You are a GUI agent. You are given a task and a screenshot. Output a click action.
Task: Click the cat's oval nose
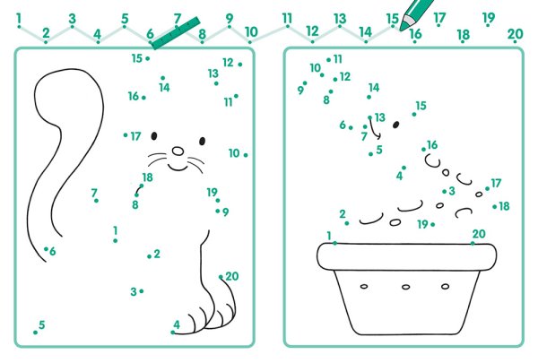click(x=178, y=151)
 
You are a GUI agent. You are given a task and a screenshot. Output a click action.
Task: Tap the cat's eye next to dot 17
click(x=154, y=136)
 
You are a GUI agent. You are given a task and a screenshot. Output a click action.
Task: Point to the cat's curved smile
click(x=178, y=168)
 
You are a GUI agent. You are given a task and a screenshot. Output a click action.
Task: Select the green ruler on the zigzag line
click(x=176, y=33)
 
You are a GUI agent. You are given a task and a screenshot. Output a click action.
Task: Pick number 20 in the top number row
click(x=515, y=34)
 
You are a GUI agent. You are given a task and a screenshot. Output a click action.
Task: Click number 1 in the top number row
click(x=19, y=19)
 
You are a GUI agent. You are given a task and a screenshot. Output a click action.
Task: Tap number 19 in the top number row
click(x=489, y=17)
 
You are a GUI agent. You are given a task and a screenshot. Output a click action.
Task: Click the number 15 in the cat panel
click(x=136, y=58)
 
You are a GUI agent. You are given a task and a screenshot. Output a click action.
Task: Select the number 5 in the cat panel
click(x=42, y=324)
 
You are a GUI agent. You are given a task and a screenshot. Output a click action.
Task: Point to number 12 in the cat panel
click(x=228, y=63)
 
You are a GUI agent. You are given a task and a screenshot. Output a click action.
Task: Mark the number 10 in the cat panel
click(x=234, y=153)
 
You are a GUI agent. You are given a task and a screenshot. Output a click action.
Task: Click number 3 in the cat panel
click(x=134, y=292)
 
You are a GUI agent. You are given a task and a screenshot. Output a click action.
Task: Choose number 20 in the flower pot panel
click(x=479, y=234)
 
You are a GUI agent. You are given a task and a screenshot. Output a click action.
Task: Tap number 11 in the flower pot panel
click(x=338, y=59)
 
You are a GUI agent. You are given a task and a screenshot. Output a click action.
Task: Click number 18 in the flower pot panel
click(x=504, y=206)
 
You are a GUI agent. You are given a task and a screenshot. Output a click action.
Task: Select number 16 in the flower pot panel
click(x=432, y=145)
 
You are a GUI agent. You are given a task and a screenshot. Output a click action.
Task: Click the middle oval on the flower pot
click(x=405, y=287)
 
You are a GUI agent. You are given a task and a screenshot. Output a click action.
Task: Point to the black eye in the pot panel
click(x=396, y=125)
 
